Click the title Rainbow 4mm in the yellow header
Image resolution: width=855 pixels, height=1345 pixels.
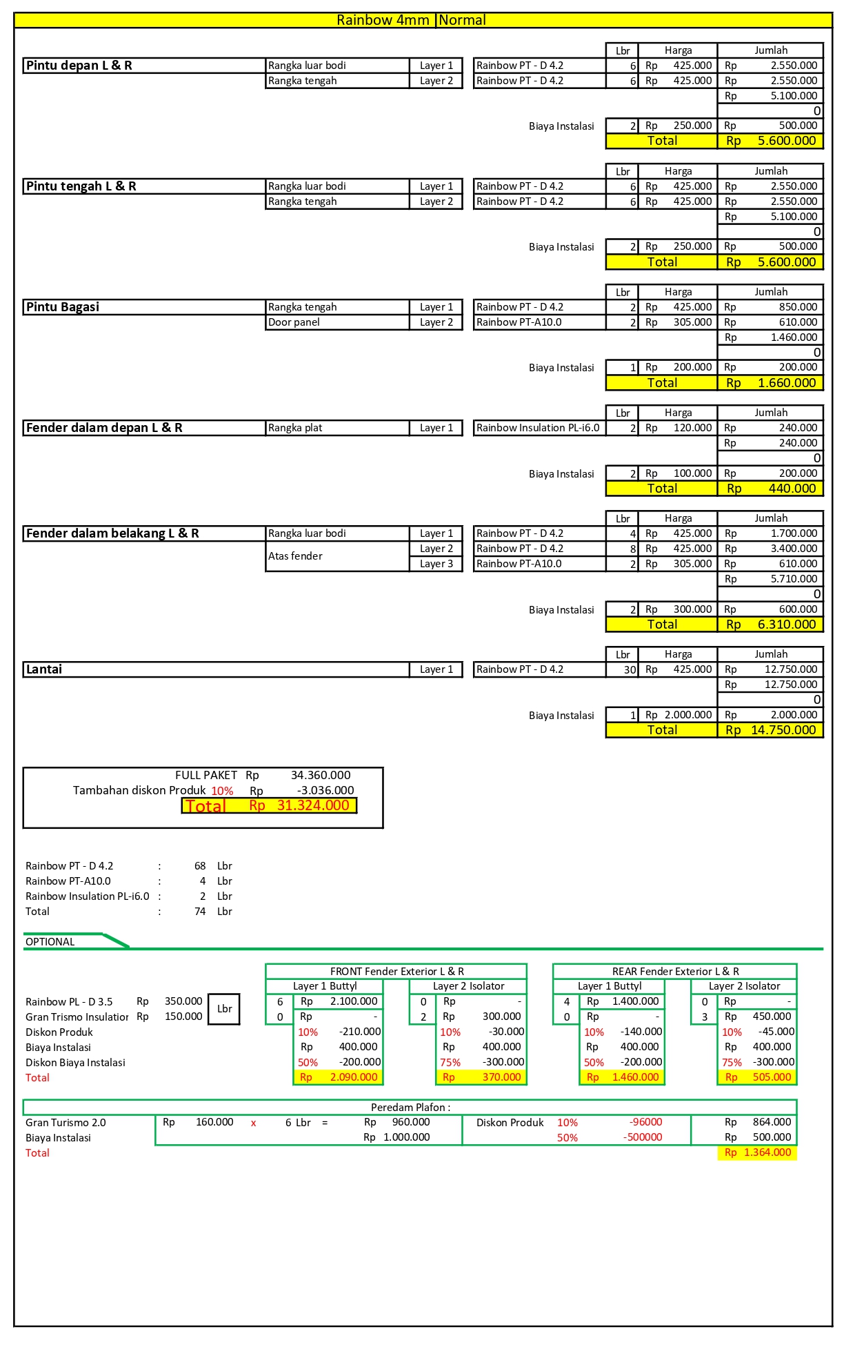(383, 20)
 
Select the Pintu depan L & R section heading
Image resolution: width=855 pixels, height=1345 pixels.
(79, 66)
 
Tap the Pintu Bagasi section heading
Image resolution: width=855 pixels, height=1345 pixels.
(62, 307)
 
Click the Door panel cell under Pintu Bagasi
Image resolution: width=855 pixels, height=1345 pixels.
(294, 322)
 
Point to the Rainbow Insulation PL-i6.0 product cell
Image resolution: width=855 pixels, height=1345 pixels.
(538, 428)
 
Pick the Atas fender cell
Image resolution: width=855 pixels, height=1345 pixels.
(295, 556)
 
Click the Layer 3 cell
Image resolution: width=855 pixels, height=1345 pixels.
(436, 564)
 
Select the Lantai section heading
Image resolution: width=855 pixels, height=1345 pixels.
(44, 669)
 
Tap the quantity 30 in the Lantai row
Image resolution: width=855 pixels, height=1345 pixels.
(630, 669)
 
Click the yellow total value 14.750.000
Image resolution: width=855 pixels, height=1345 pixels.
(783, 730)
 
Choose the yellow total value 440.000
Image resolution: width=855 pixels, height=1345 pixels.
(792, 489)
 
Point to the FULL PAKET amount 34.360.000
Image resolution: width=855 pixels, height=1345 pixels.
(320, 776)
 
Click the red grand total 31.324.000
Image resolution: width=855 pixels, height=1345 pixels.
(313, 805)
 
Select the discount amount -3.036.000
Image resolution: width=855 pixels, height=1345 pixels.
(325, 791)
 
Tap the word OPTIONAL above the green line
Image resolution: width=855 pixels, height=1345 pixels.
(50, 942)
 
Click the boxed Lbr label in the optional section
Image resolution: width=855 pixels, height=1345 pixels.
(224, 1009)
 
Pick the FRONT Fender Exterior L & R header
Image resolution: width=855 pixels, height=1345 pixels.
(396, 972)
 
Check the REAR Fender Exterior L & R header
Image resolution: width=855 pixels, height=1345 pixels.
(675, 972)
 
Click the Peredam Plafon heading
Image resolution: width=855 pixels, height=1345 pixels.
(410, 1108)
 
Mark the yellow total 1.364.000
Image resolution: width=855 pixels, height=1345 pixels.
(767, 1152)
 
